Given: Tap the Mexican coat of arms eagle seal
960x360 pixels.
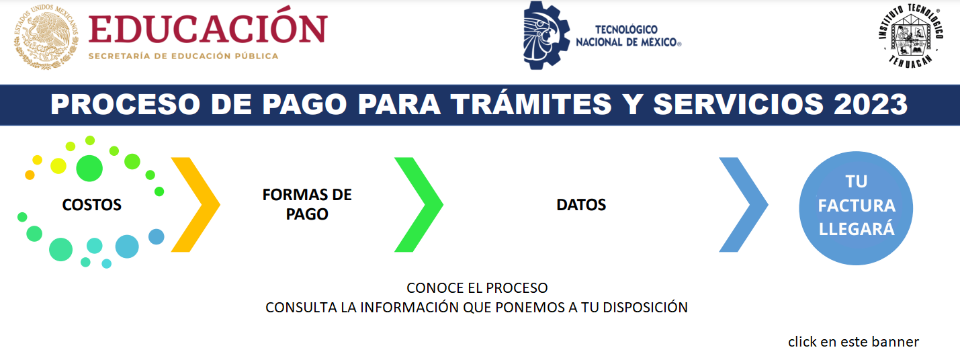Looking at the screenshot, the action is point(46,37).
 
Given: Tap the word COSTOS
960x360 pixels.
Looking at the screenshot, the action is point(92,205).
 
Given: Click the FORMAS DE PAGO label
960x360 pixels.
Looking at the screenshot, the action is point(307,204).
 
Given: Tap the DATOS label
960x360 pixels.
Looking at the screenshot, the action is point(581,205).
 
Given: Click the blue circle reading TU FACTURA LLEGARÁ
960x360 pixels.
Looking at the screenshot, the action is point(856,208).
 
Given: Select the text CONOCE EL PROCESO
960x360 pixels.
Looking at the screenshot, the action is point(477,288).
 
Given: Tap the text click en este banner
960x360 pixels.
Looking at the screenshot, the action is point(853,342).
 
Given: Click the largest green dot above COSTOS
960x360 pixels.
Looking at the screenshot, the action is point(89,168).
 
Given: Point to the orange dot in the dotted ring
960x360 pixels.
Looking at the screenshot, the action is point(30,175).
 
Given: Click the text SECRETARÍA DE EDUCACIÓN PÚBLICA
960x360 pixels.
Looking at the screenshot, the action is point(183,56).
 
